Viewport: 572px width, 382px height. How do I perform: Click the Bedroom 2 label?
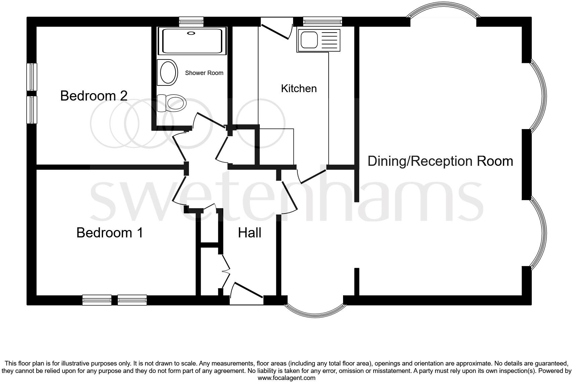click(94, 96)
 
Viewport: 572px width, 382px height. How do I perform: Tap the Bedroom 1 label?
click(110, 233)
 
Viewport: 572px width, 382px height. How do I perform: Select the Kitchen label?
click(299, 88)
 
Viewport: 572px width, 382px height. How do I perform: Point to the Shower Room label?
click(204, 73)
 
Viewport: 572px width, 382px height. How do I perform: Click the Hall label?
click(249, 233)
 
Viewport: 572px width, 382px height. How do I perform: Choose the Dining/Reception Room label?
click(440, 161)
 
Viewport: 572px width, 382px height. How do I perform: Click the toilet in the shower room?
click(172, 103)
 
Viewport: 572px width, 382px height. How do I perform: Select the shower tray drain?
click(191, 33)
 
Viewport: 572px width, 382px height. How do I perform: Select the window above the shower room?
click(191, 22)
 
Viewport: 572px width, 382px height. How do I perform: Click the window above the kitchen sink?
click(322, 22)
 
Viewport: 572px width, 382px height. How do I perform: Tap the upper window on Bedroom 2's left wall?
click(32, 77)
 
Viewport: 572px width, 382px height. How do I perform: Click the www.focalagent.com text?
click(286, 378)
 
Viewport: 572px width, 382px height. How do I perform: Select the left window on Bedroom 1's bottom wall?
click(97, 300)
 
